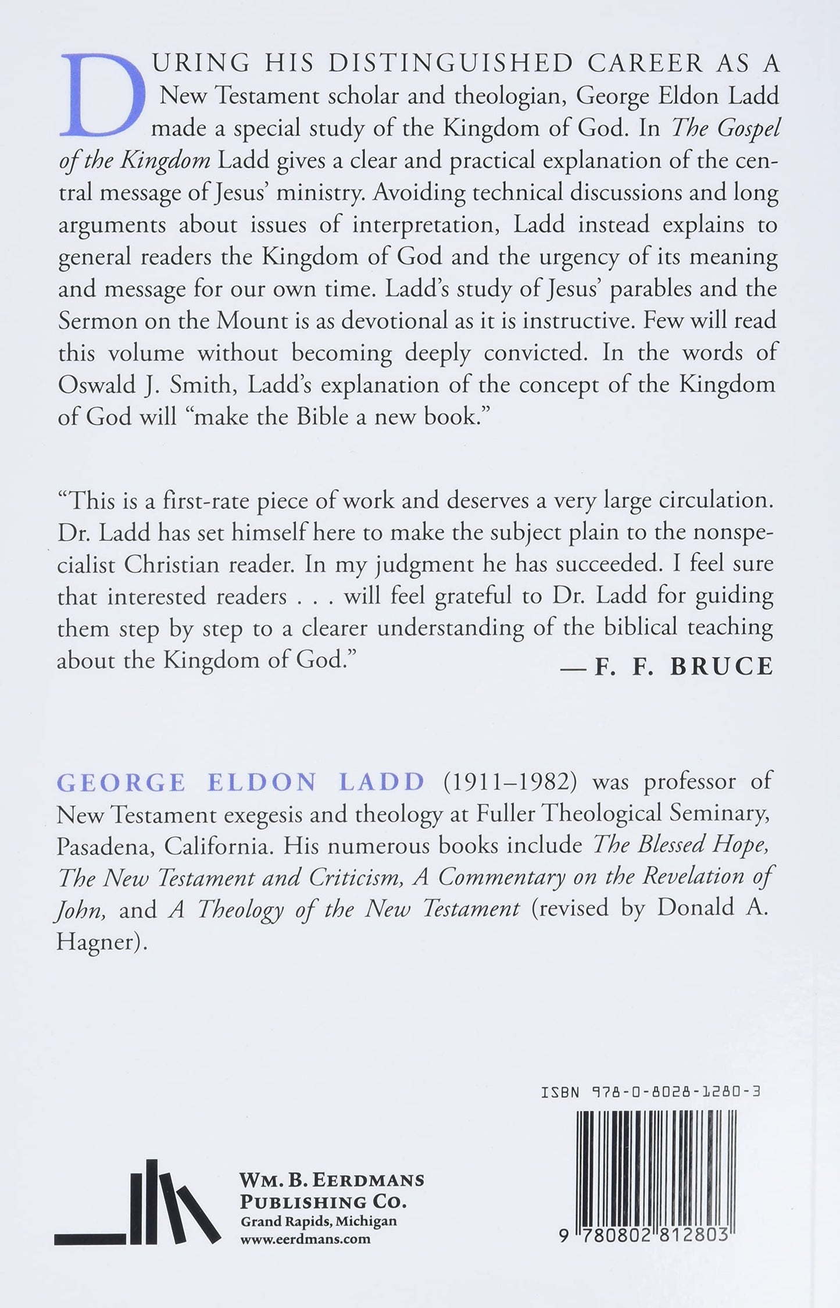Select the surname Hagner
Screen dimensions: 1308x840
click(99, 942)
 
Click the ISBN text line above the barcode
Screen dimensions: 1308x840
click(650, 1092)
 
